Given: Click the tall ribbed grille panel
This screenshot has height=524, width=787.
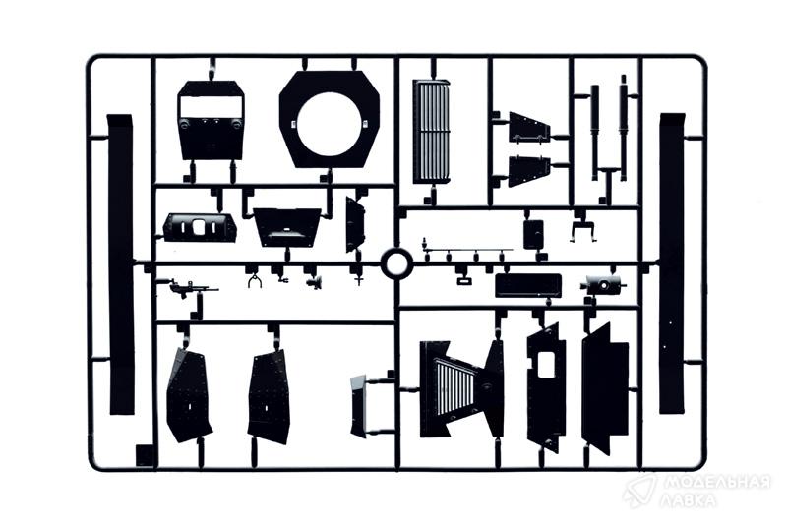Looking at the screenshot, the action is pos(431,132).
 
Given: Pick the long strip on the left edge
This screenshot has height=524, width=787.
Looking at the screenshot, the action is pos(120,264).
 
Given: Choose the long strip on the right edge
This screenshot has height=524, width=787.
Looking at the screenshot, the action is pos(672,263).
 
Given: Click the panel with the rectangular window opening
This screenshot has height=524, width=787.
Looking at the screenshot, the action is pos(211,120).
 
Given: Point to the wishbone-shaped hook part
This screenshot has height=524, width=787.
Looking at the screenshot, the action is pos(255,281).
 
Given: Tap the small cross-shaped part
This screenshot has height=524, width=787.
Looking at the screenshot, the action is pos(359,279).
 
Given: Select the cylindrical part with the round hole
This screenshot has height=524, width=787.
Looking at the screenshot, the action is pos(603,285).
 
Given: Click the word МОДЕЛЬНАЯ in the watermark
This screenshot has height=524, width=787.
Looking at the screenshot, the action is pos(717,483).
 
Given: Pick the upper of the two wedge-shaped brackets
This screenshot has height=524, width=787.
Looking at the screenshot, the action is pos(529,128).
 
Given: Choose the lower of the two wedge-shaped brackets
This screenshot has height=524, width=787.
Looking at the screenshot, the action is pos(529,170).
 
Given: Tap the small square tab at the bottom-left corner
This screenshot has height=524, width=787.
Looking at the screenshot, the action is pos(144,456).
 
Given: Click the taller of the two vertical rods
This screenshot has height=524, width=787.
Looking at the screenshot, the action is pos(624,128).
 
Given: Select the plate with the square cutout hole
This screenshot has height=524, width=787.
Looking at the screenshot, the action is pos(546,386).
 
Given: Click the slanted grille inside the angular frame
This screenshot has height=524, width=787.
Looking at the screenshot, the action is pos(455,387).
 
